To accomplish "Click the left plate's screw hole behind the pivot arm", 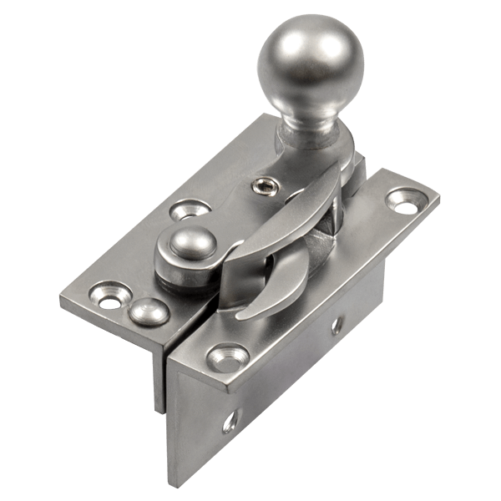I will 190,209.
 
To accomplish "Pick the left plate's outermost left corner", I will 61,297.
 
